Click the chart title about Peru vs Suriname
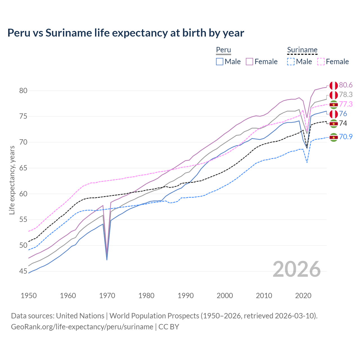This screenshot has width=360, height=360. pos(126,33)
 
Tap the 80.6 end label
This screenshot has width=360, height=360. pos(346,85)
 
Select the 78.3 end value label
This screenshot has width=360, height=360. pos(346,95)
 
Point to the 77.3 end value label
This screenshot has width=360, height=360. pos(346,104)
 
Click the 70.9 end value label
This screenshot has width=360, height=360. pos(346,137)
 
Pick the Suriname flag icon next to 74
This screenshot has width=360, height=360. pos(334,123)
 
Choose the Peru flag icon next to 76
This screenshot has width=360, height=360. pos(334,114)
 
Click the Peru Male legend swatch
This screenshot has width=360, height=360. pos(220,62)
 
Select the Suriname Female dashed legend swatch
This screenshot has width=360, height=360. pos(321,62)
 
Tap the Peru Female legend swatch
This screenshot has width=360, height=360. pos(249,62)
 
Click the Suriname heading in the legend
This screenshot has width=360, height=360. pos(302,50)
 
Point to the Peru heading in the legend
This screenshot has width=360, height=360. pos(223,50)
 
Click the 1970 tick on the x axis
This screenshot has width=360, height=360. pos(107,296)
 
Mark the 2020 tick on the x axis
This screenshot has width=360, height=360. pos(303,296)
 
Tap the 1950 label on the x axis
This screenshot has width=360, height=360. pos(29,296)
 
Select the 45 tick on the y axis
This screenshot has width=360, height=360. pos(23,271)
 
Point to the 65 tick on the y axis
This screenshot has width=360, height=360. pos(23,168)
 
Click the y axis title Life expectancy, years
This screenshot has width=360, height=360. pos(12,180)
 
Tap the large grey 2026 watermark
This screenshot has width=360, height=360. pos(297,269)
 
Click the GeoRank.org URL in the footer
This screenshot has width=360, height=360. pos(82,327)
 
